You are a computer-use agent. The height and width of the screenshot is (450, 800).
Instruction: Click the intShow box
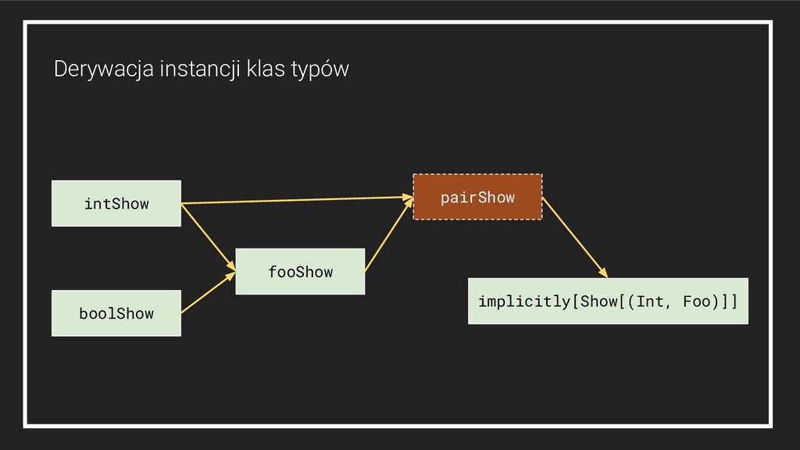116,203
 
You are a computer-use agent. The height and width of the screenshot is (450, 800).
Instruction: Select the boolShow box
116,313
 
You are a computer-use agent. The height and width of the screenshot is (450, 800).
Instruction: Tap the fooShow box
300,271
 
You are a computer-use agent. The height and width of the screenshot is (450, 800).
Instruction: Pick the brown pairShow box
477,197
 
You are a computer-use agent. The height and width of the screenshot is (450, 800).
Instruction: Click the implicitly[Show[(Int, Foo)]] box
608,301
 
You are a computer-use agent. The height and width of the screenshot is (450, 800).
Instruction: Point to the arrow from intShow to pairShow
297,200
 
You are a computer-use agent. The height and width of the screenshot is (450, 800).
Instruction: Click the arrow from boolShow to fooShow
208,293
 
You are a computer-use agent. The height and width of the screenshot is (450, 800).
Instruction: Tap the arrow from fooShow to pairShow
388,234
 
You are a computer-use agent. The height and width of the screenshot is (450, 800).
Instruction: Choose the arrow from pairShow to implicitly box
574,237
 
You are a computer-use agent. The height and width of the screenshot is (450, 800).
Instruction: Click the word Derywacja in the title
103,70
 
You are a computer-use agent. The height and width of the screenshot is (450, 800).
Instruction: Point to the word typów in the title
320,70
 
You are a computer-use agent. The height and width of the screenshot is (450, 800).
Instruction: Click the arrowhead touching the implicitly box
602,272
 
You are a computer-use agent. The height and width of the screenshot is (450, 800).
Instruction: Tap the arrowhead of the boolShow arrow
230,274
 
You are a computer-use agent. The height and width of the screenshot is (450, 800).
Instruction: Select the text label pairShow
477,197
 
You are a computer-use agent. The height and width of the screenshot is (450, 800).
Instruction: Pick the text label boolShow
116,313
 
